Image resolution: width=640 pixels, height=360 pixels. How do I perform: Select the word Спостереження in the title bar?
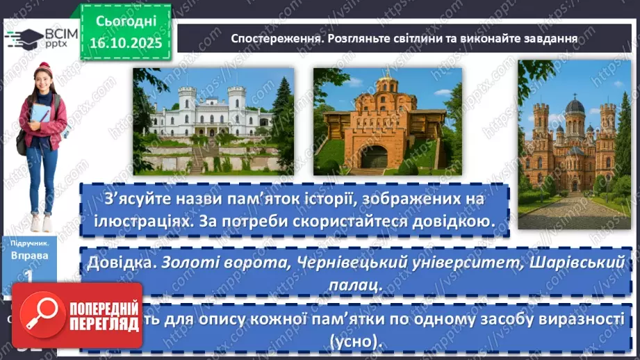pyautogui.click(x=274, y=38)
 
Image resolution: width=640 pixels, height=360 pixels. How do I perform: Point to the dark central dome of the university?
pyautogui.click(x=575, y=108)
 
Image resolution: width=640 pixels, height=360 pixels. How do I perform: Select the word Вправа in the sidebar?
pyautogui.click(x=30, y=255)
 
